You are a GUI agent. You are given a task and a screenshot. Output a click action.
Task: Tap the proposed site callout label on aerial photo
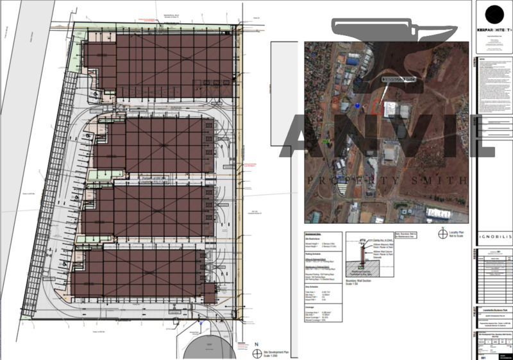coord(399,78)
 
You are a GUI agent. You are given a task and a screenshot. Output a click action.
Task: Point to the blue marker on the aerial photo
coord(356,103)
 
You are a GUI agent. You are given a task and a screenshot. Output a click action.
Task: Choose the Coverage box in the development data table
coord(324,316)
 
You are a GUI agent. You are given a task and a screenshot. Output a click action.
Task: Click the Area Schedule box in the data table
coord(324,295)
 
